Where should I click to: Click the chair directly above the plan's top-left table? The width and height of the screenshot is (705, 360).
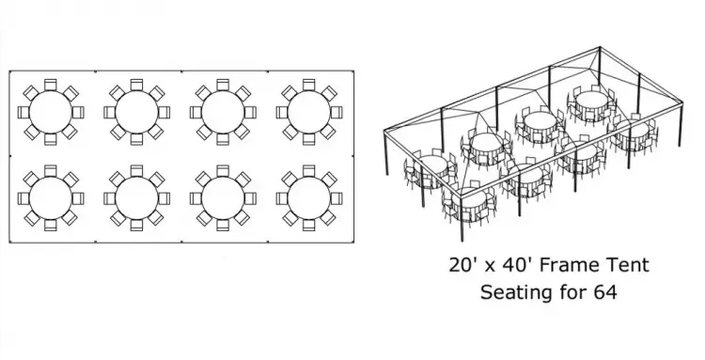(x=51, y=85)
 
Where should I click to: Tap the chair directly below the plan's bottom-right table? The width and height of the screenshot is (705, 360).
(x=309, y=226)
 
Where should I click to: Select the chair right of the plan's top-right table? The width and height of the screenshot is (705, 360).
(x=337, y=112)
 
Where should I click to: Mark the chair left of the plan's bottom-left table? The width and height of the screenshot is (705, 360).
(x=23, y=198)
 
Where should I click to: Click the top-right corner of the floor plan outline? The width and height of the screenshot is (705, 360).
(x=353, y=70)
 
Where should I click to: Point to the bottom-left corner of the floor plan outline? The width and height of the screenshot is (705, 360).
(x=9, y=243)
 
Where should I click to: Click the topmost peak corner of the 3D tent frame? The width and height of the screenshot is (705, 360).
(x=600, y=47)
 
